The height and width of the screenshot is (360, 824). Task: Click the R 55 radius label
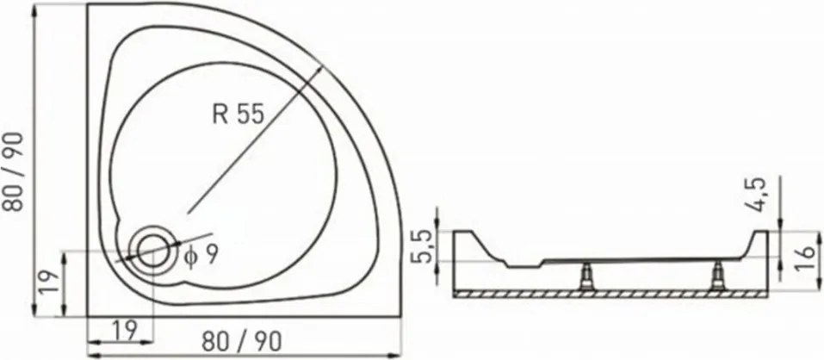pyautogui.click(x=238, y=114)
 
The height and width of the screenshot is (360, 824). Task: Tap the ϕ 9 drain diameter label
pyautogui.click(x=201, y=257)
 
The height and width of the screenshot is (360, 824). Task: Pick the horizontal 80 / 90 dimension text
pyautogui.click(x=242, y=342)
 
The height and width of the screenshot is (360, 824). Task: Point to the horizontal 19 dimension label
pyautogui.click(x=124, y=330)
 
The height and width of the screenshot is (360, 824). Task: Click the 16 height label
pyautogui.click(x=806, y=258)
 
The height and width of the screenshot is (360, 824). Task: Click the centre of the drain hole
pyautogui.click(x=153, y=250)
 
